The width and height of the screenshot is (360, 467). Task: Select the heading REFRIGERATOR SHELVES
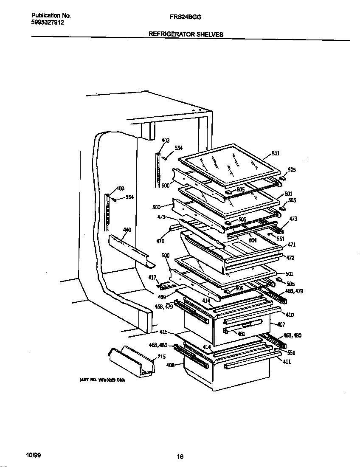[186, 34]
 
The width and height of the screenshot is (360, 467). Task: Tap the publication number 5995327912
[48, 23]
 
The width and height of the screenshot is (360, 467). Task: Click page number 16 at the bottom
[180, 457]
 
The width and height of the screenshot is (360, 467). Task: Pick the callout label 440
[127, 230]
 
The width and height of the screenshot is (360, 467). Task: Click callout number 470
[160, 242]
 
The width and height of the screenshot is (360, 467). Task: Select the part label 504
[253, 240]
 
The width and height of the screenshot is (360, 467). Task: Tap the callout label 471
[292, 245]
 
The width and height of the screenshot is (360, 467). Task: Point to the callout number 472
[290, 258]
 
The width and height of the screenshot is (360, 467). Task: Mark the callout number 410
[290, 315]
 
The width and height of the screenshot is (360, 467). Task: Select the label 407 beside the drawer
[281, 325]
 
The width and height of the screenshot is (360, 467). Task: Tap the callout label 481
[241, 334]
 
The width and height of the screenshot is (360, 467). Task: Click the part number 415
[163, 332]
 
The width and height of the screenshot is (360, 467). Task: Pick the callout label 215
[161, 357]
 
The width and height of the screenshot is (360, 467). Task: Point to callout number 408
[171, 364]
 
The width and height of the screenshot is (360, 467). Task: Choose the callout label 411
[287, 361]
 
